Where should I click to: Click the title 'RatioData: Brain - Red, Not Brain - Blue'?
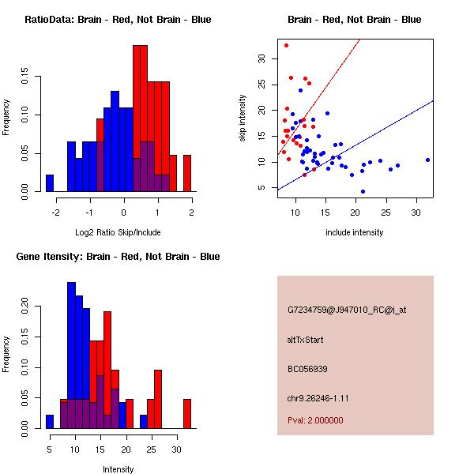pyautogui.click(x=118, y=19)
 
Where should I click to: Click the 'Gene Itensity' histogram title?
pyautogui.click(x=118, y=256)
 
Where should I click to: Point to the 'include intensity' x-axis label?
pyautogui.click(x=355, y=232)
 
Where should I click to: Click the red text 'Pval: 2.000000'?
pyautogui.click(x=315, y=420)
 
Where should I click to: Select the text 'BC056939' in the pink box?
pyautogui.click(x=307, y=369)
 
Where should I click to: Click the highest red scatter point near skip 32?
pyautogui.click(x=286, y=45)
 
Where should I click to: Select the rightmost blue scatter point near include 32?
pyautogui.click(x=427, y=160)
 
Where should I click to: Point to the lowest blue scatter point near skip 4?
pyautogui.click(x=363, y=191)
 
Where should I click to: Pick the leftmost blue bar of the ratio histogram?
pyautogui.click(x=49, y=183)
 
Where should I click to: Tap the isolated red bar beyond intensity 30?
pyautogui.click(x=187, y=413)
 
